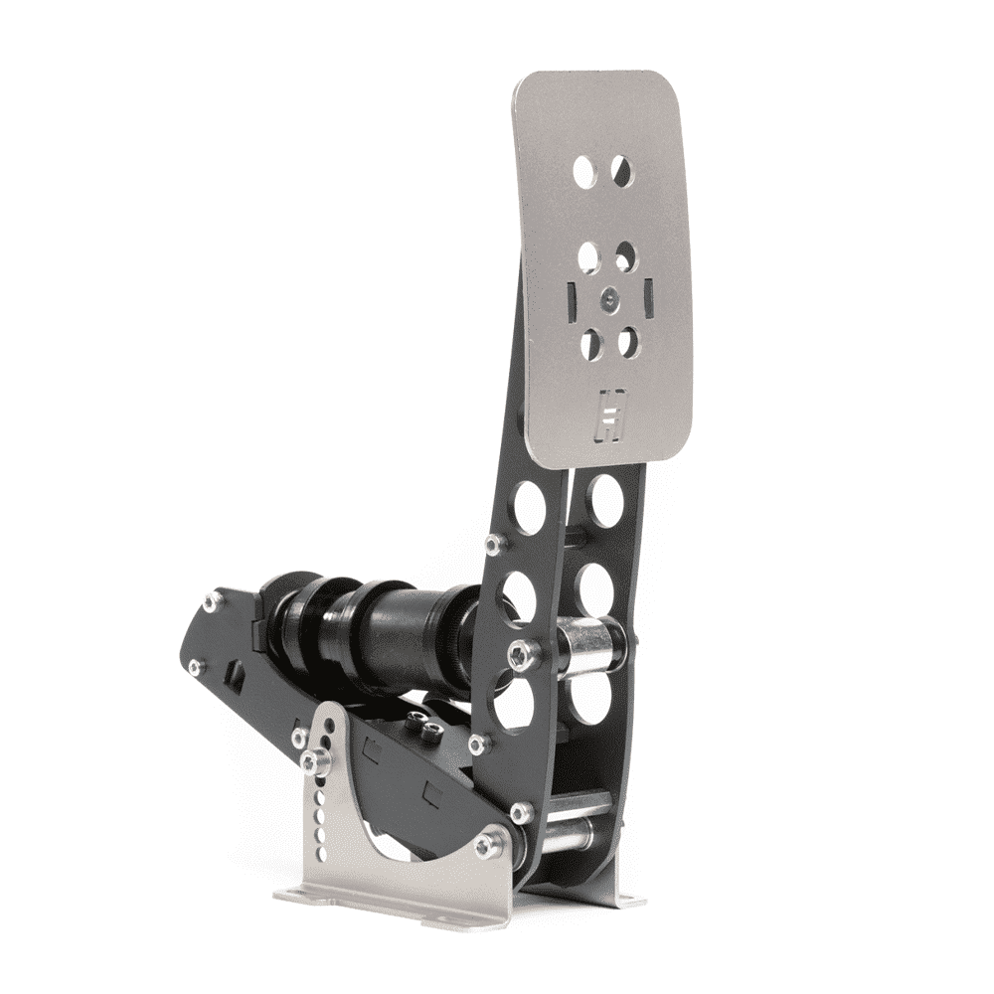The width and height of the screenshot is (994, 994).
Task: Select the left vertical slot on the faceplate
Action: point(573,295)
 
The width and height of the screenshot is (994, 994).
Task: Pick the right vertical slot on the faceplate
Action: point(648,296)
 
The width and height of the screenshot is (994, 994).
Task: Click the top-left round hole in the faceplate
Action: point(584,172)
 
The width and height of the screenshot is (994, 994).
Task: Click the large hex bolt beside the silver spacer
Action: point(523,654)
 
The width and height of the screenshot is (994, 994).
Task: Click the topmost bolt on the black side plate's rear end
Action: point(212,601)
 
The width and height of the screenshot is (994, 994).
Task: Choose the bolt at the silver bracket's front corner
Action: point(486,846)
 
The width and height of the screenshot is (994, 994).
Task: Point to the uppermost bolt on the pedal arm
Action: point(493,543)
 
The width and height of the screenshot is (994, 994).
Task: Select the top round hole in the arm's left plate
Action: point(529,505)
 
